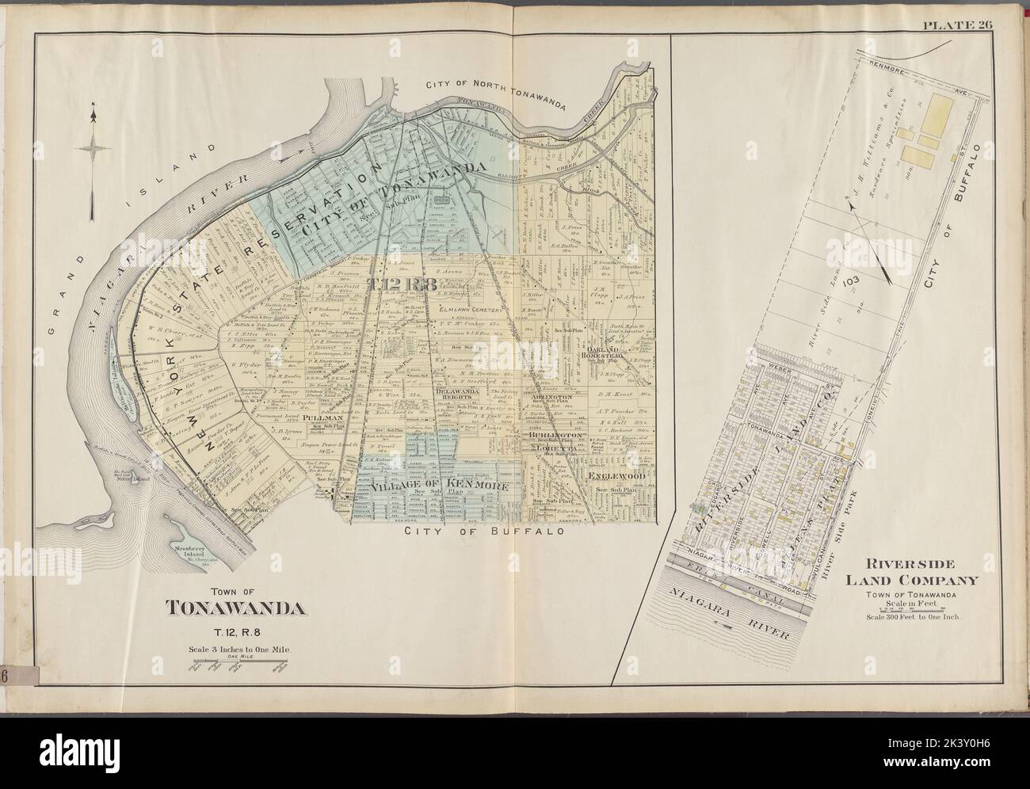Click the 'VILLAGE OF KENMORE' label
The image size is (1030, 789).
click(439, 486)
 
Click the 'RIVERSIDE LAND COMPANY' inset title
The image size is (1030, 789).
click(918, 571)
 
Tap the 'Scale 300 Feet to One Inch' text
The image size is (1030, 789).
click(919, 616)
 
